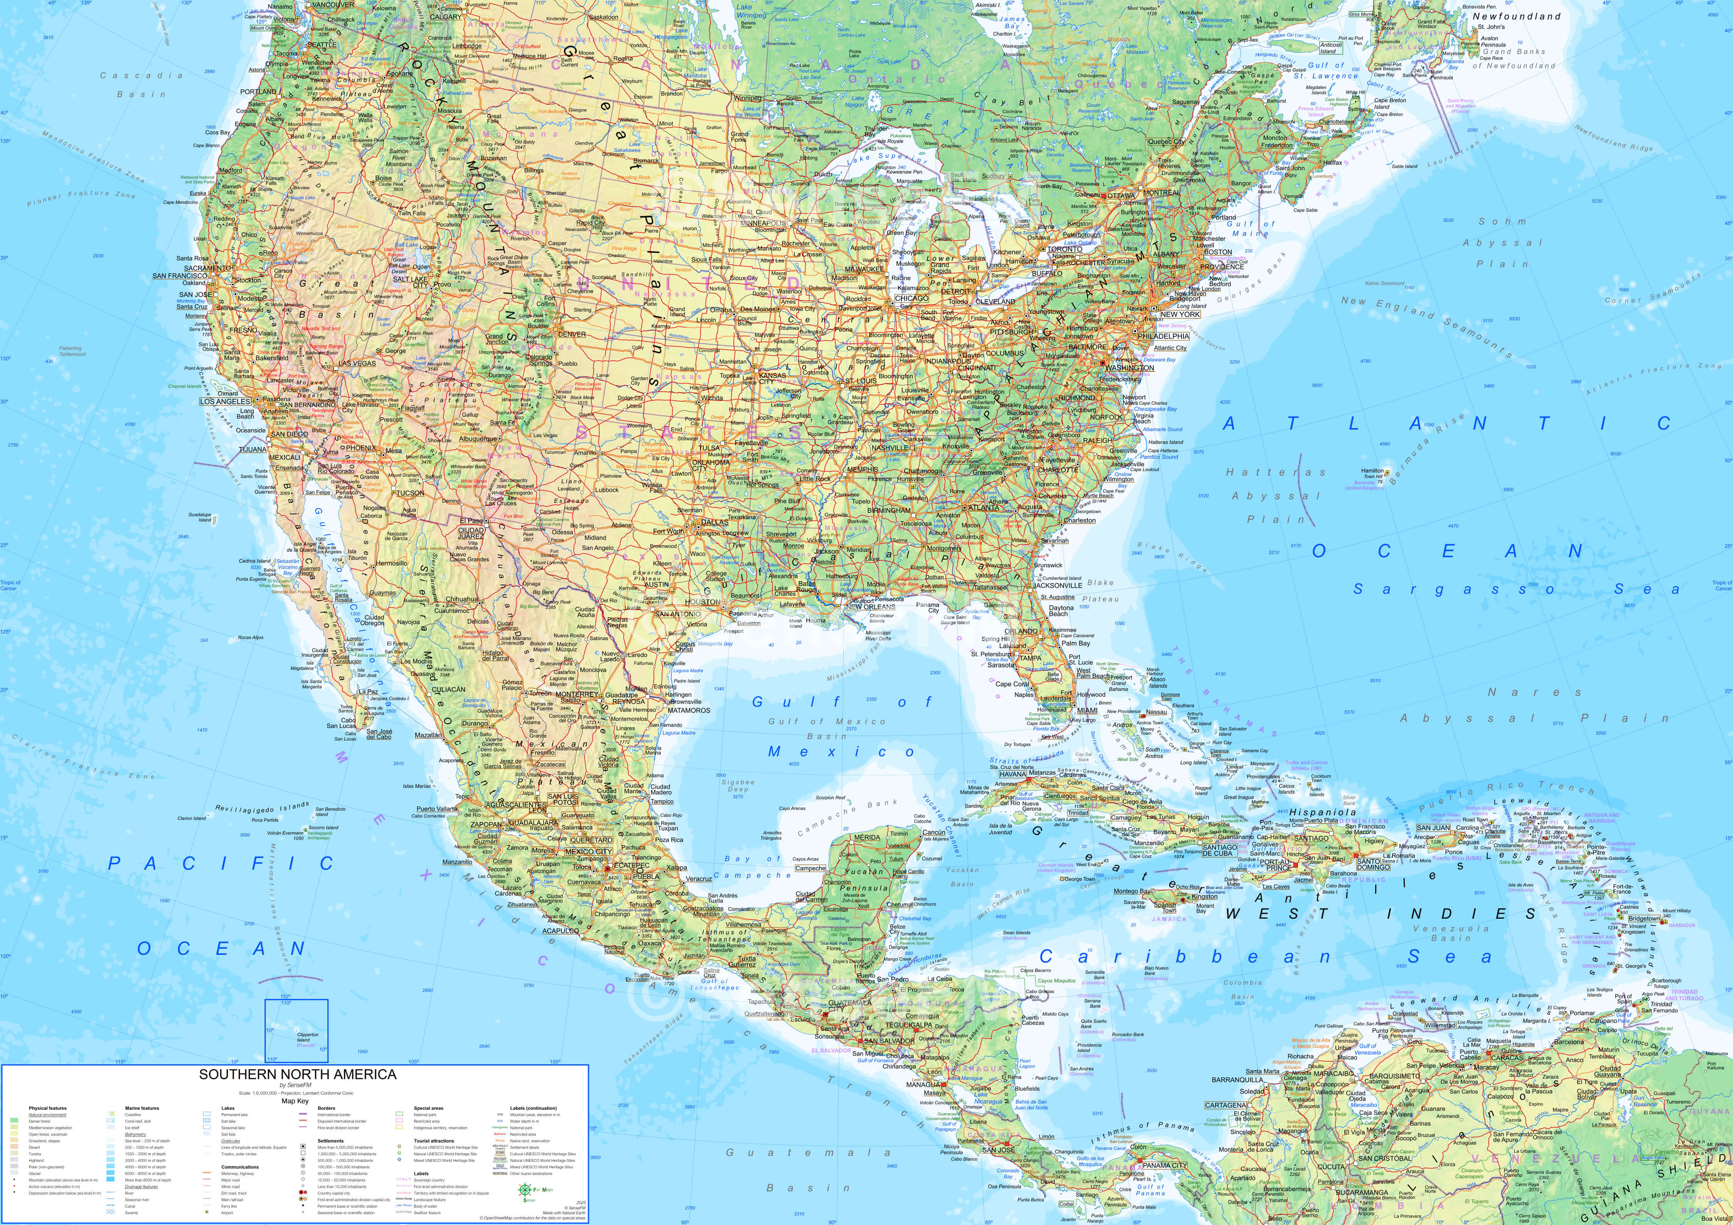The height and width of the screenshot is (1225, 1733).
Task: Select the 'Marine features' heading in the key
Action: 142,1108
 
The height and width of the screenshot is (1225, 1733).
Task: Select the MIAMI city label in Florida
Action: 1087,710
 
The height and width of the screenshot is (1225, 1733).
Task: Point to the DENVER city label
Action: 572,334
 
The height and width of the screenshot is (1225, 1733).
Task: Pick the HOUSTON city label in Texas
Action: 702,602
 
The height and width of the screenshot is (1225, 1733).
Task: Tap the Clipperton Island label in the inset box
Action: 308,1037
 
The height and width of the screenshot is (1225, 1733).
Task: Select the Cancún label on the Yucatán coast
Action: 934,833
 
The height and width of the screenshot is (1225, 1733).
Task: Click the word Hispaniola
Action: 1322,812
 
